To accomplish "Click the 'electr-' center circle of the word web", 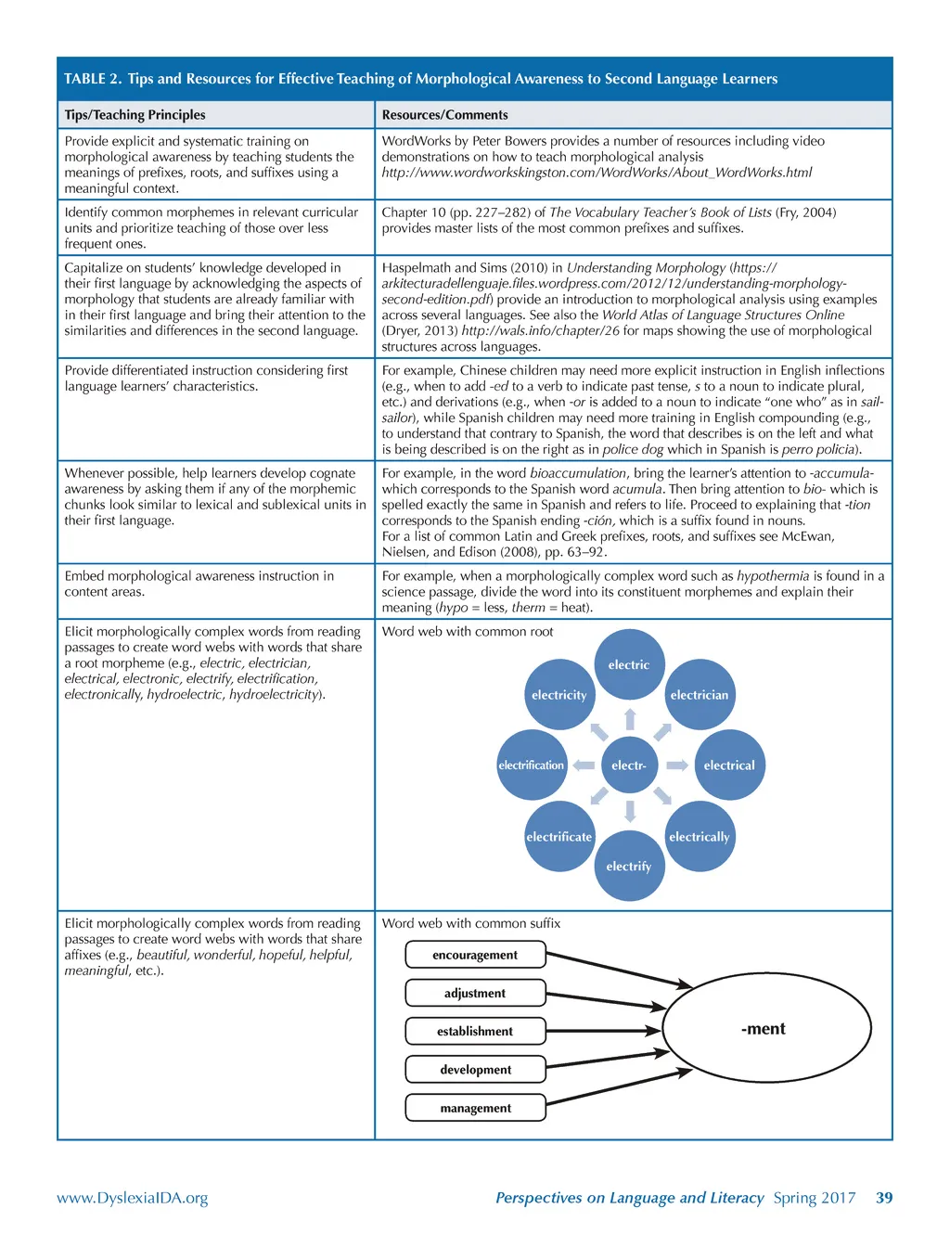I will pos(629,765).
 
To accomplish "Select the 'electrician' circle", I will pos(700,694).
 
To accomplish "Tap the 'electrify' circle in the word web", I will pos(629,866).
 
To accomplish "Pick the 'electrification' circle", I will pos(532,765).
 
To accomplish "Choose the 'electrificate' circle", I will pos(558,836).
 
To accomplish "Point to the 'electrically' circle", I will pos(700,836).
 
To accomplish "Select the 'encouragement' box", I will pos(475,955).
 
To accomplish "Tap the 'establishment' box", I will pos(475,1031).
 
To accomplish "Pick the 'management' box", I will pos(475,1108).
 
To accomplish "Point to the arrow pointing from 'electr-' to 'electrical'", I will pos(677,765).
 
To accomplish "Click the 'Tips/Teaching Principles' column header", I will pos(135,115).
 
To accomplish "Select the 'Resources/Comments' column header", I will pos(445,115).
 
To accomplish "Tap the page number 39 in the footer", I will pos(884,1198).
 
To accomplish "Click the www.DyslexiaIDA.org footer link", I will pos(133,1198).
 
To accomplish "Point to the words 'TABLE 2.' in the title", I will pos(93,79).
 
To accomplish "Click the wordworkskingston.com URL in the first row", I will pos(597,173).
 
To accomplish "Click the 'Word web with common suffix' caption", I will pos(471,923).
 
